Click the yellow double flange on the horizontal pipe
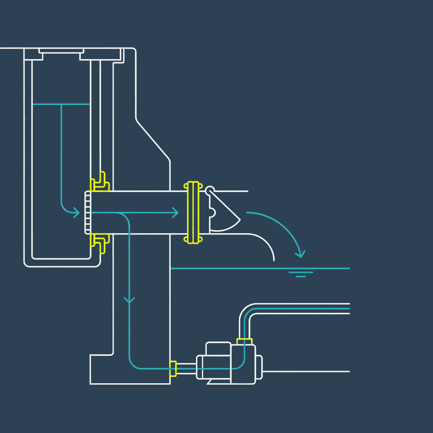point(193,213)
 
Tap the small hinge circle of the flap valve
point(210,190)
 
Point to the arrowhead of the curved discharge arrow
point(300,254)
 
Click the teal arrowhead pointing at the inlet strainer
point(76,213)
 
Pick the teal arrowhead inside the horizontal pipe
point(175,213)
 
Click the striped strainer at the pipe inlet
point(88,213)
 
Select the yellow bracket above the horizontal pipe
point(100,182)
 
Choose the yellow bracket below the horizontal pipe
point(100,242)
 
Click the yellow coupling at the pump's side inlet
point(173,368)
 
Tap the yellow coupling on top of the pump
point(244,341)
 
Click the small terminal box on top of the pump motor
point(218,349)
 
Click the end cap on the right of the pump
point(259,368)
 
